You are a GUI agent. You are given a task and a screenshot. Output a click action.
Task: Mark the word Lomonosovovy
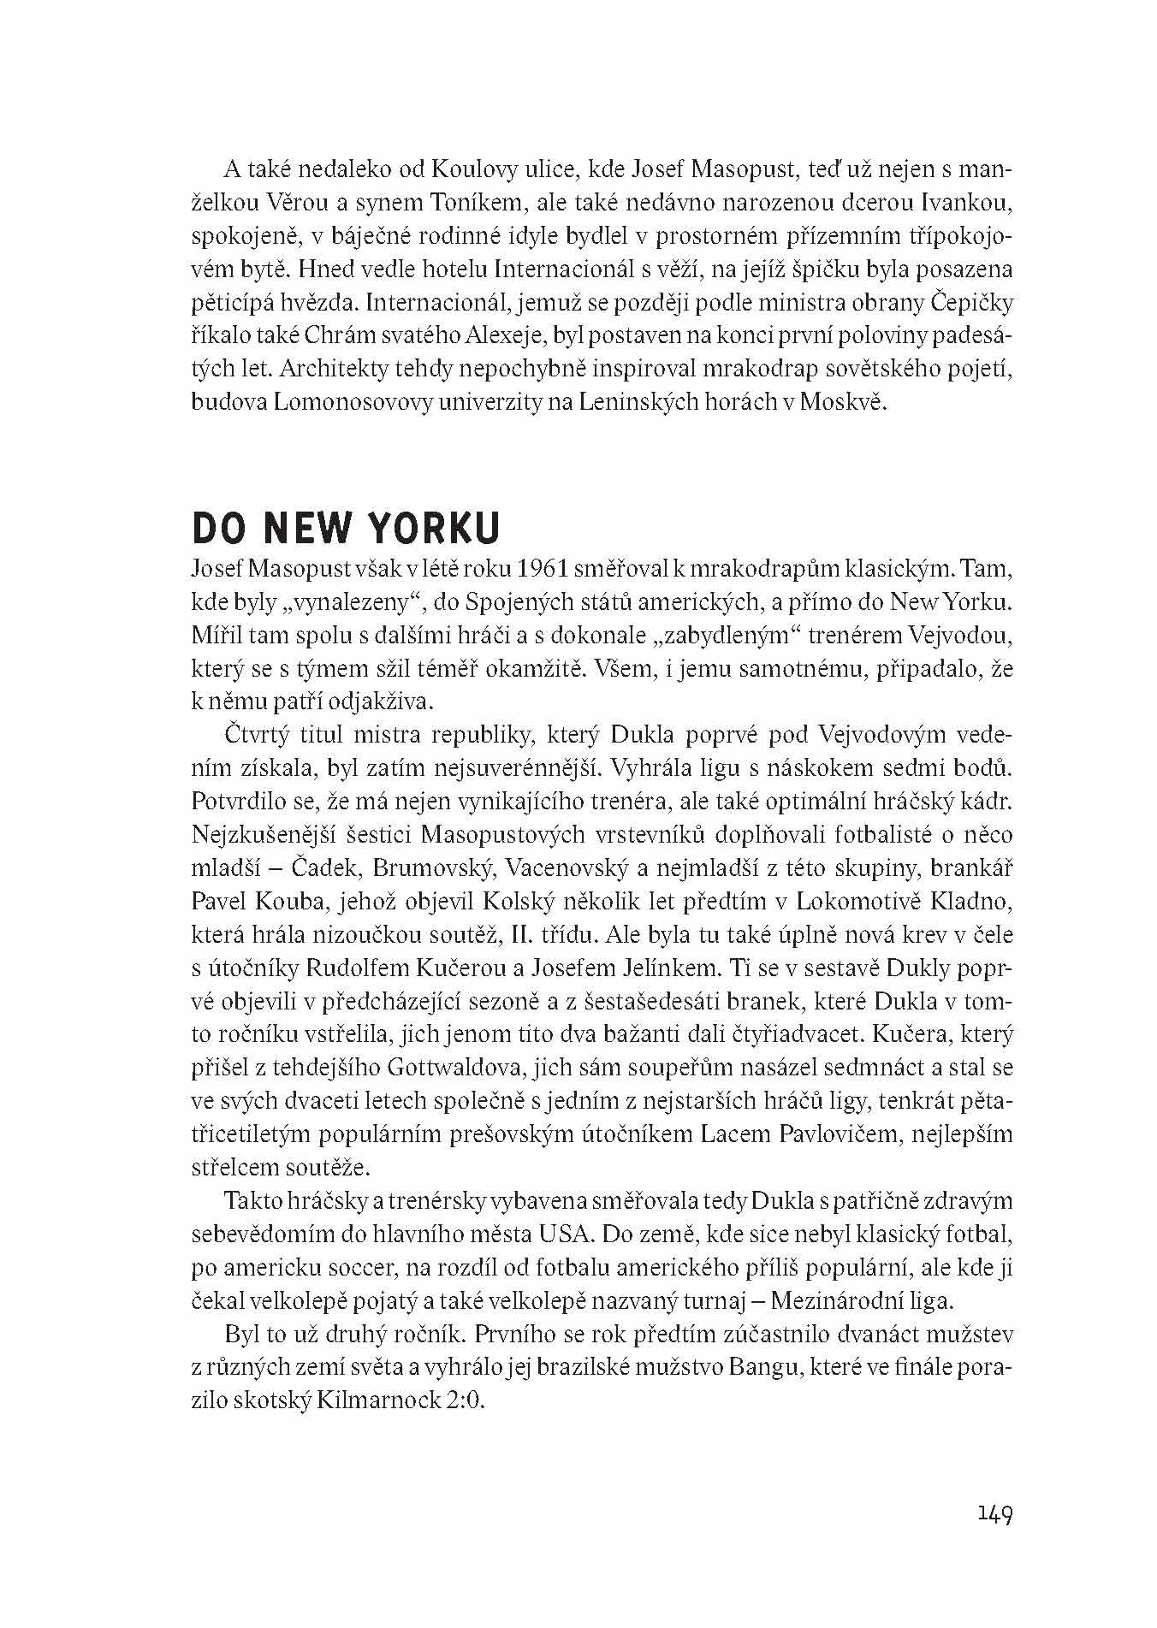tap(335, 403)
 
